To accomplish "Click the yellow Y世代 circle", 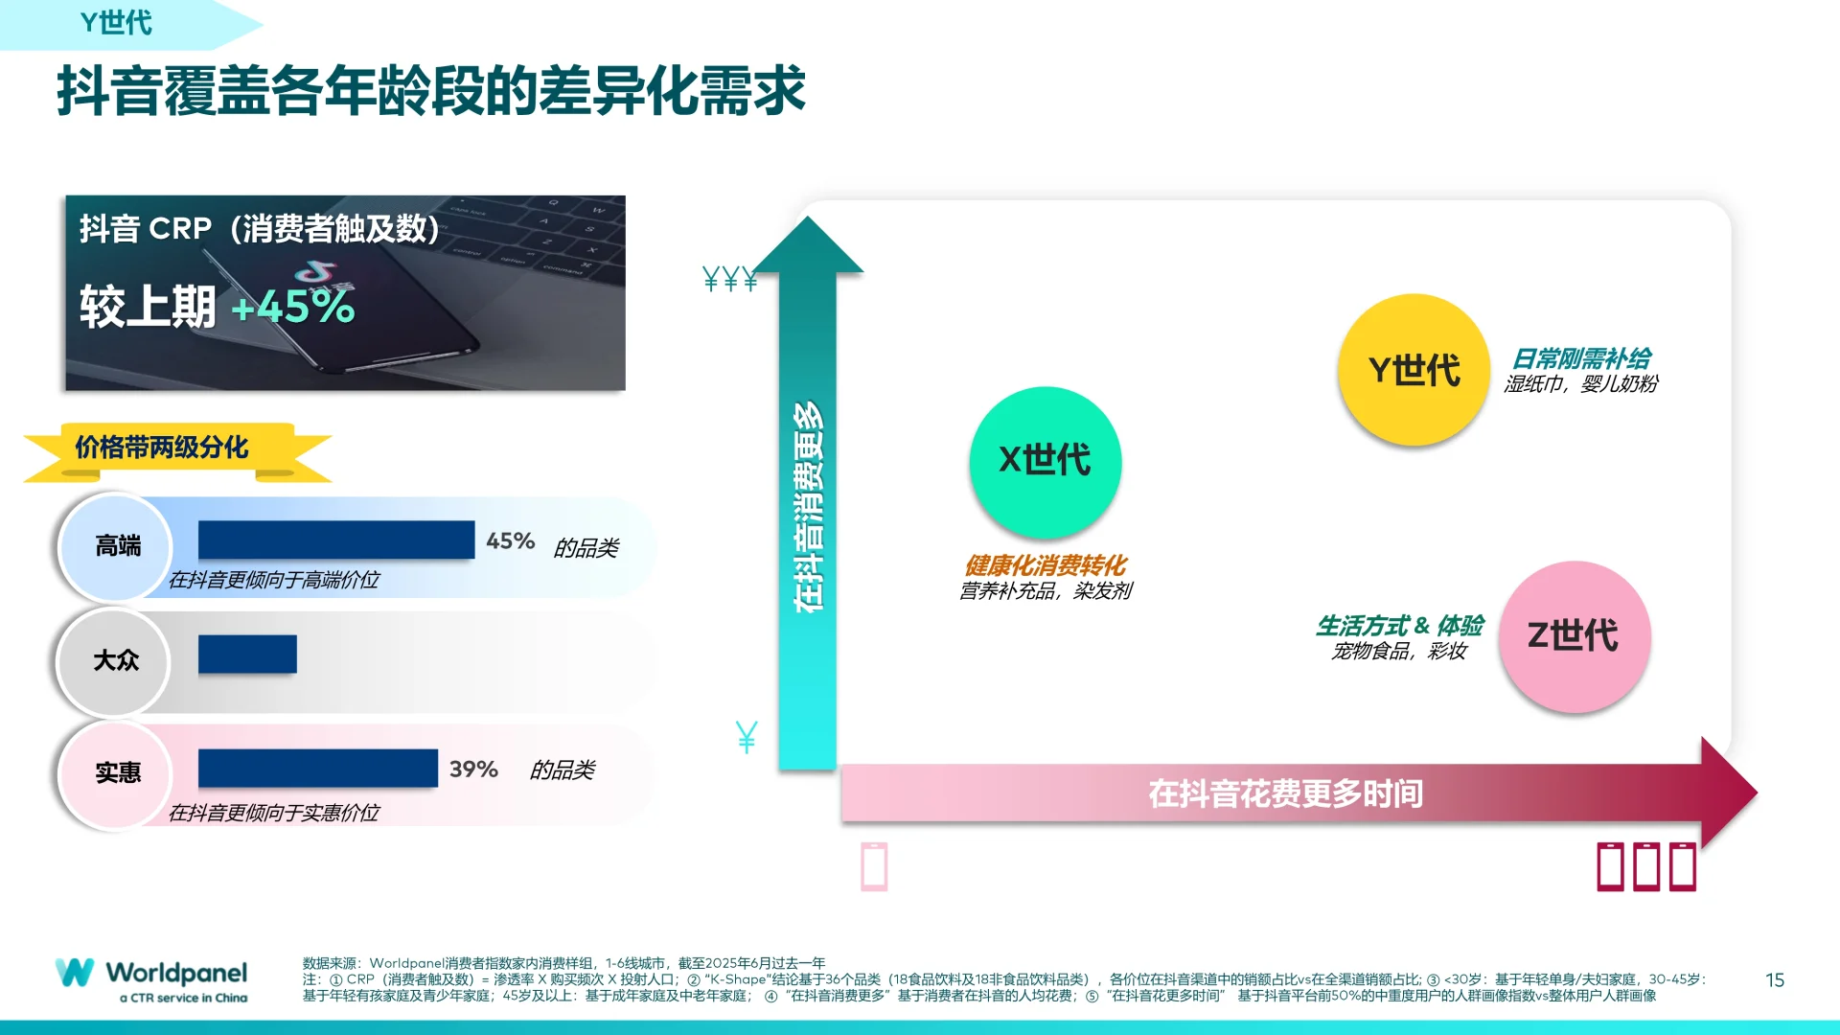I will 1414,370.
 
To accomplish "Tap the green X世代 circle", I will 1045,461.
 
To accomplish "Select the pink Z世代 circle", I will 1574,635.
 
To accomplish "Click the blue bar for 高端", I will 336,540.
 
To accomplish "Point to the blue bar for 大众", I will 247,654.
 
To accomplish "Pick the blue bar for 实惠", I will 318,768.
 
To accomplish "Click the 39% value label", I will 473,770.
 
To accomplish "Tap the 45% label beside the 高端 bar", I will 510,541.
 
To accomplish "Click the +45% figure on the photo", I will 293,308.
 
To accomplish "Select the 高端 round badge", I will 117,546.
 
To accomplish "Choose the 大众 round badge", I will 115,660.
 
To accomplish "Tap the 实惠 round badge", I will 117,773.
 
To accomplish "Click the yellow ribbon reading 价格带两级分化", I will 163,448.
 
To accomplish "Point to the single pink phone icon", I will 874,866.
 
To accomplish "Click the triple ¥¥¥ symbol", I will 729,279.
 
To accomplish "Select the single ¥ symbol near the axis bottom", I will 747,737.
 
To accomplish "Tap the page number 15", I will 1775,980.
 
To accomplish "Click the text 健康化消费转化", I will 1045,565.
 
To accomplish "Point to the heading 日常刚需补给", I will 1581,359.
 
